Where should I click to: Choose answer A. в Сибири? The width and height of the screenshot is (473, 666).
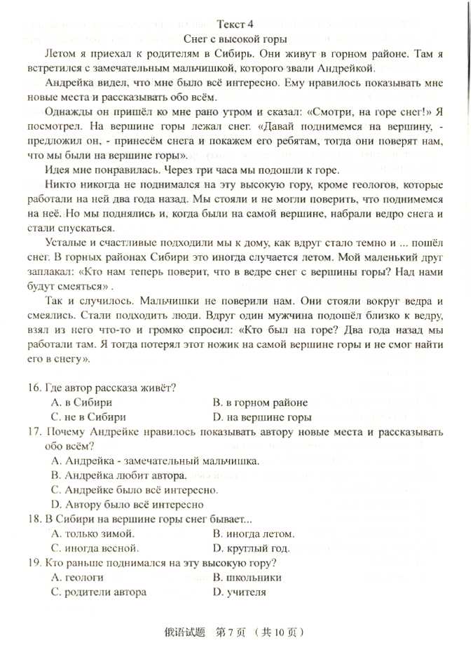tap(82, 402)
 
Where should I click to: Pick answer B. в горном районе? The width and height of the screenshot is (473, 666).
tap(260, 402)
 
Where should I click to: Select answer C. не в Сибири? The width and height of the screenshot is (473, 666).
tap(88, 417)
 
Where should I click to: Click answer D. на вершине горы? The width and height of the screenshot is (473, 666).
tap(262, 417)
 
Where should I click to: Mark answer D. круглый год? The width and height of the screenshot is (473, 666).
tap(251, 548)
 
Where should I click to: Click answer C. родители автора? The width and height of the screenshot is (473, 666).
tap(99, 592)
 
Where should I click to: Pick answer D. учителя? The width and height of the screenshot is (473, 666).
tap(240, 592)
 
